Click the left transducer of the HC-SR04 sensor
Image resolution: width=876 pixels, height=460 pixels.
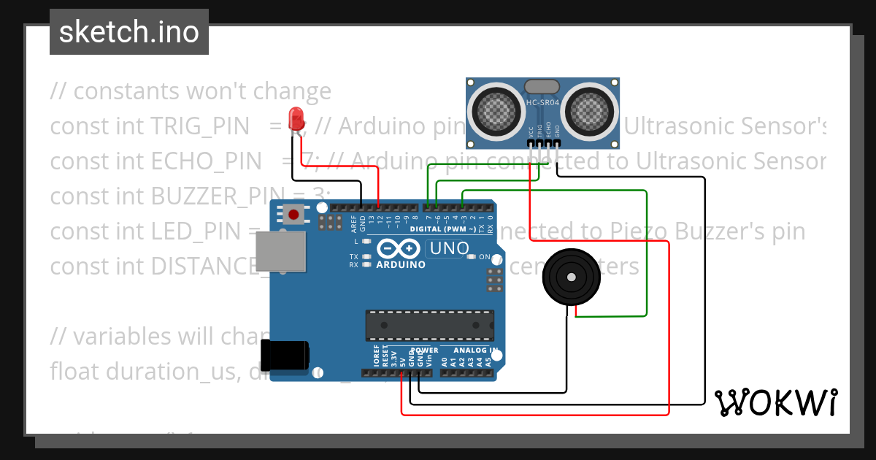(496, 110)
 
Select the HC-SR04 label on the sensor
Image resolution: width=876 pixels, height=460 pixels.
(542, 103)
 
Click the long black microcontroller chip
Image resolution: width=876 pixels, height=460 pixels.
(428, 324)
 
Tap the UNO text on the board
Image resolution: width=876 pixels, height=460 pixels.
(449, 248)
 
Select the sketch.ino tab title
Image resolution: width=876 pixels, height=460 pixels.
(129, 32)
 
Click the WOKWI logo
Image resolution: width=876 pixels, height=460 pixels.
(775, 402)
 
